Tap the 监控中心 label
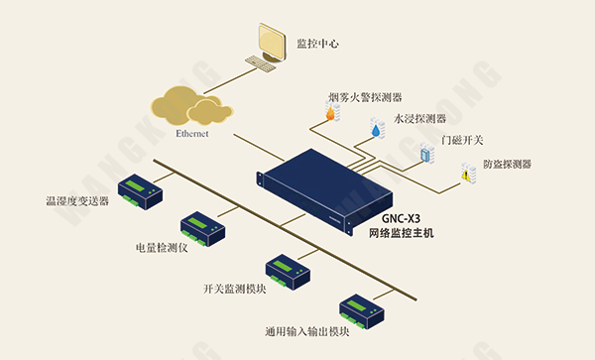point(319,44)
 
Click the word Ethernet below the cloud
point(191,133)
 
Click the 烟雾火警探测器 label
point(365,98)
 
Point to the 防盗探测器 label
point(508,164)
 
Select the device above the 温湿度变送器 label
point(140,191)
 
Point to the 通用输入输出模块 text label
point(307,331)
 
